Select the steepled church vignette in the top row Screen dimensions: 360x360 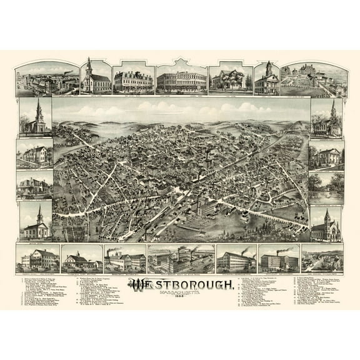(x=96, y=77)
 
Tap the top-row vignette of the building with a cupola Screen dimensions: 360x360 (x=267, y=78)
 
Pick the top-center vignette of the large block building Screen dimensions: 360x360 (x=181, y=78)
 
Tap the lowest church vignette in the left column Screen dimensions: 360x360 (x=35, y=221)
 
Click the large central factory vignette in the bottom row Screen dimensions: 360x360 (x=181, y=258)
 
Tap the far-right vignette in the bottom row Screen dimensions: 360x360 (x=321, y=258)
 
